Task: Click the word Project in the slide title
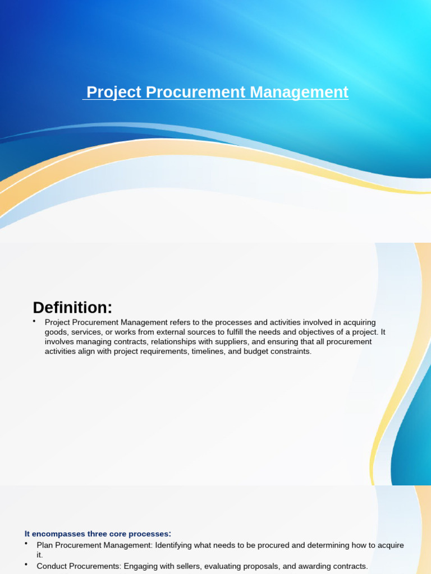[x=114, y=92]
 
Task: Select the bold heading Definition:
[x=72, y=308]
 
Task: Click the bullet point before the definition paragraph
[x=34, y=321]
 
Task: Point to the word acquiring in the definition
[x=357, y=322]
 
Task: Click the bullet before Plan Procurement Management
[x=26, y=544]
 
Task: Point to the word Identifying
[x=176, y=545]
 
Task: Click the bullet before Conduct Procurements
[x=26, y=565]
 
